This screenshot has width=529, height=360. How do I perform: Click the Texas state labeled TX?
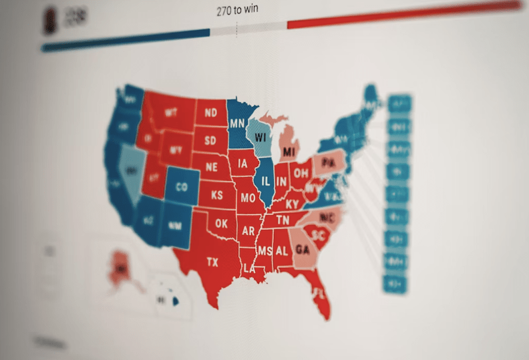click(x=212, y=262)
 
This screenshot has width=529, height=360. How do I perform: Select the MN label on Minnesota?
click(x=236, y=124)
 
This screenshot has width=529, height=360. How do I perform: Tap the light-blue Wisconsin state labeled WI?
click(x=260, y=137)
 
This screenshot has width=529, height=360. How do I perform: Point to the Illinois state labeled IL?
click(x=265, y=180)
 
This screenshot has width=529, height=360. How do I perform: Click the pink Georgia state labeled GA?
click(x=302, y=250)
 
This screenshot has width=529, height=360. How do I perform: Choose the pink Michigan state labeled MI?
click(x=289, y=152)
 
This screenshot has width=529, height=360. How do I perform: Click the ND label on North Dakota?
click(x=211, y=112)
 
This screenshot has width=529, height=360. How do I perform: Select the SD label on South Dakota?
click(x=210, y=140)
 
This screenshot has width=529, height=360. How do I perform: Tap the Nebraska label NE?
click(x=212, y=166)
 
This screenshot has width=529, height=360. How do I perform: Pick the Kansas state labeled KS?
click(x=217, y=195)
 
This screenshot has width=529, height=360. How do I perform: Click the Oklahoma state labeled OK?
click(x=222, y=223)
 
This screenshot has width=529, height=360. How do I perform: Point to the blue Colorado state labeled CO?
click(x=181, y=188)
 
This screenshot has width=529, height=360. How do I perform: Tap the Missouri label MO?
click(x=248, y=198)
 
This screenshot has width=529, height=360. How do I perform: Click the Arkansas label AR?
click(x=248, y=231)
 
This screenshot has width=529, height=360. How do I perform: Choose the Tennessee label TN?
click(x=283, y=220)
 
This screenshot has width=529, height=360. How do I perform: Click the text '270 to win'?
click(x=238, y=10)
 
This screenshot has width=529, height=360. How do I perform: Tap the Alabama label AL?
click(x=282, y=250)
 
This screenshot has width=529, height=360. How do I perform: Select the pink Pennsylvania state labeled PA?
click(x=328, y=162)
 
